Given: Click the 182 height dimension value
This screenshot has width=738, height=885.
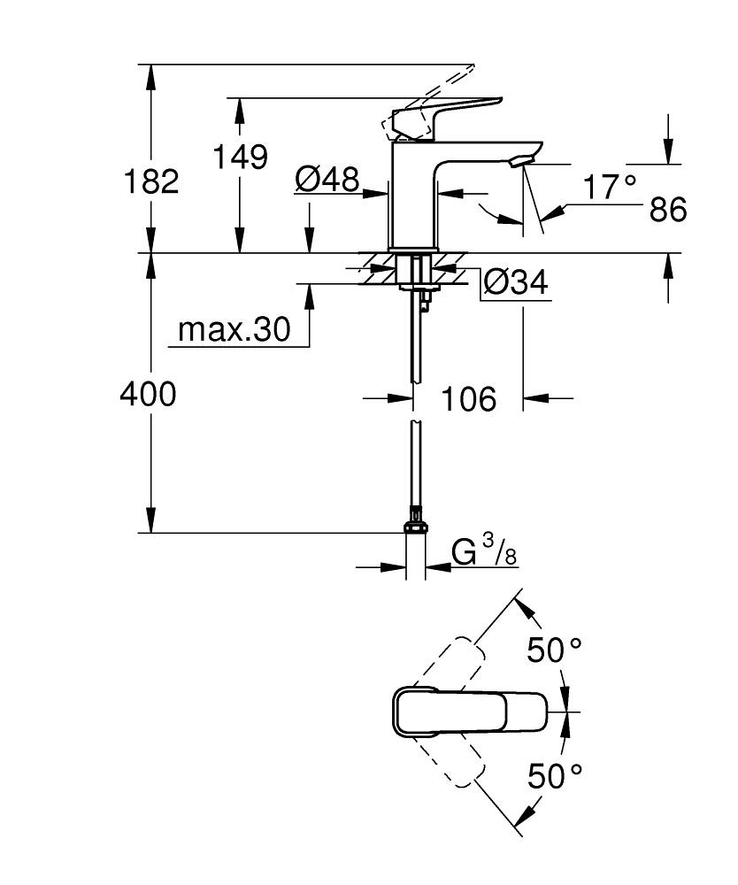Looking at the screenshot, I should coord(151,181).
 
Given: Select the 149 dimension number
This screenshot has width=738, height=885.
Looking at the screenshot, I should coord(240,157).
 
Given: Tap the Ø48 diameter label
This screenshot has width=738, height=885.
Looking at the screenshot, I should coord(327,181).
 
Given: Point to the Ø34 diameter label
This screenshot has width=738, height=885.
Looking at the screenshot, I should coord(515,283).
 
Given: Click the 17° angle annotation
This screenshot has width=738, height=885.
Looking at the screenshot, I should coord(610,187).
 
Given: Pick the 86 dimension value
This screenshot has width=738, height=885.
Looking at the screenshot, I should coord(667,211).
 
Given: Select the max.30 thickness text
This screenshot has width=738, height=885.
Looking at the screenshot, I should coord(234,330).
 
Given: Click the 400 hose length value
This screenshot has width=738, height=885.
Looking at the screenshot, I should coord(148,395).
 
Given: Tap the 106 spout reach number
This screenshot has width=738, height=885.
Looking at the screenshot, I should coord(469,399).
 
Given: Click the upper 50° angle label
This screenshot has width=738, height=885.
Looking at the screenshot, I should coord(555,650).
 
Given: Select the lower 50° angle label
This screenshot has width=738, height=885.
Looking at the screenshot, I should coord(555,776).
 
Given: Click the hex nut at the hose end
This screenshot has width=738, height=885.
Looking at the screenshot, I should coord(415,528).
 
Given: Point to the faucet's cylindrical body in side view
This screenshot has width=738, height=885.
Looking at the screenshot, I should coord(414,204).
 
